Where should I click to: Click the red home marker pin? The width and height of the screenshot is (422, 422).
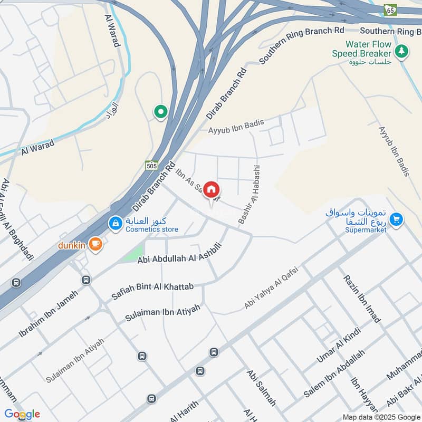pos(212,190)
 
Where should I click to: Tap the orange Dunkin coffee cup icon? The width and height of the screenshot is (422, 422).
pos(95,243)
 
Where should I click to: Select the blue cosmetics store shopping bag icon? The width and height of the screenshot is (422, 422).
pos(116,224)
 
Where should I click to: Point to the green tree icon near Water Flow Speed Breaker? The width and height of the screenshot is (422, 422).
pos(402,51)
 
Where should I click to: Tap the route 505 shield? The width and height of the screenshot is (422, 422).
pos(152,165)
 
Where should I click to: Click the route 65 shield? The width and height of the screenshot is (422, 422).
pos(390,9)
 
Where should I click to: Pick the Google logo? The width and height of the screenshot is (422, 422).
pos(22,414)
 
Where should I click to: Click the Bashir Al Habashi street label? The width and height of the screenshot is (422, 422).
pos(250,194)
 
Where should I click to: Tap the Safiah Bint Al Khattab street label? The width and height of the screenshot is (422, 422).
pos(152,292)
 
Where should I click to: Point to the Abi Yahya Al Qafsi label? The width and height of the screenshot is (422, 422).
pos(271,288)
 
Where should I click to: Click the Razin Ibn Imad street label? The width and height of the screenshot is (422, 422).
pos(362,298)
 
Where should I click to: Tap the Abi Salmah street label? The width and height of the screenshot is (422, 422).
pos(261,387)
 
